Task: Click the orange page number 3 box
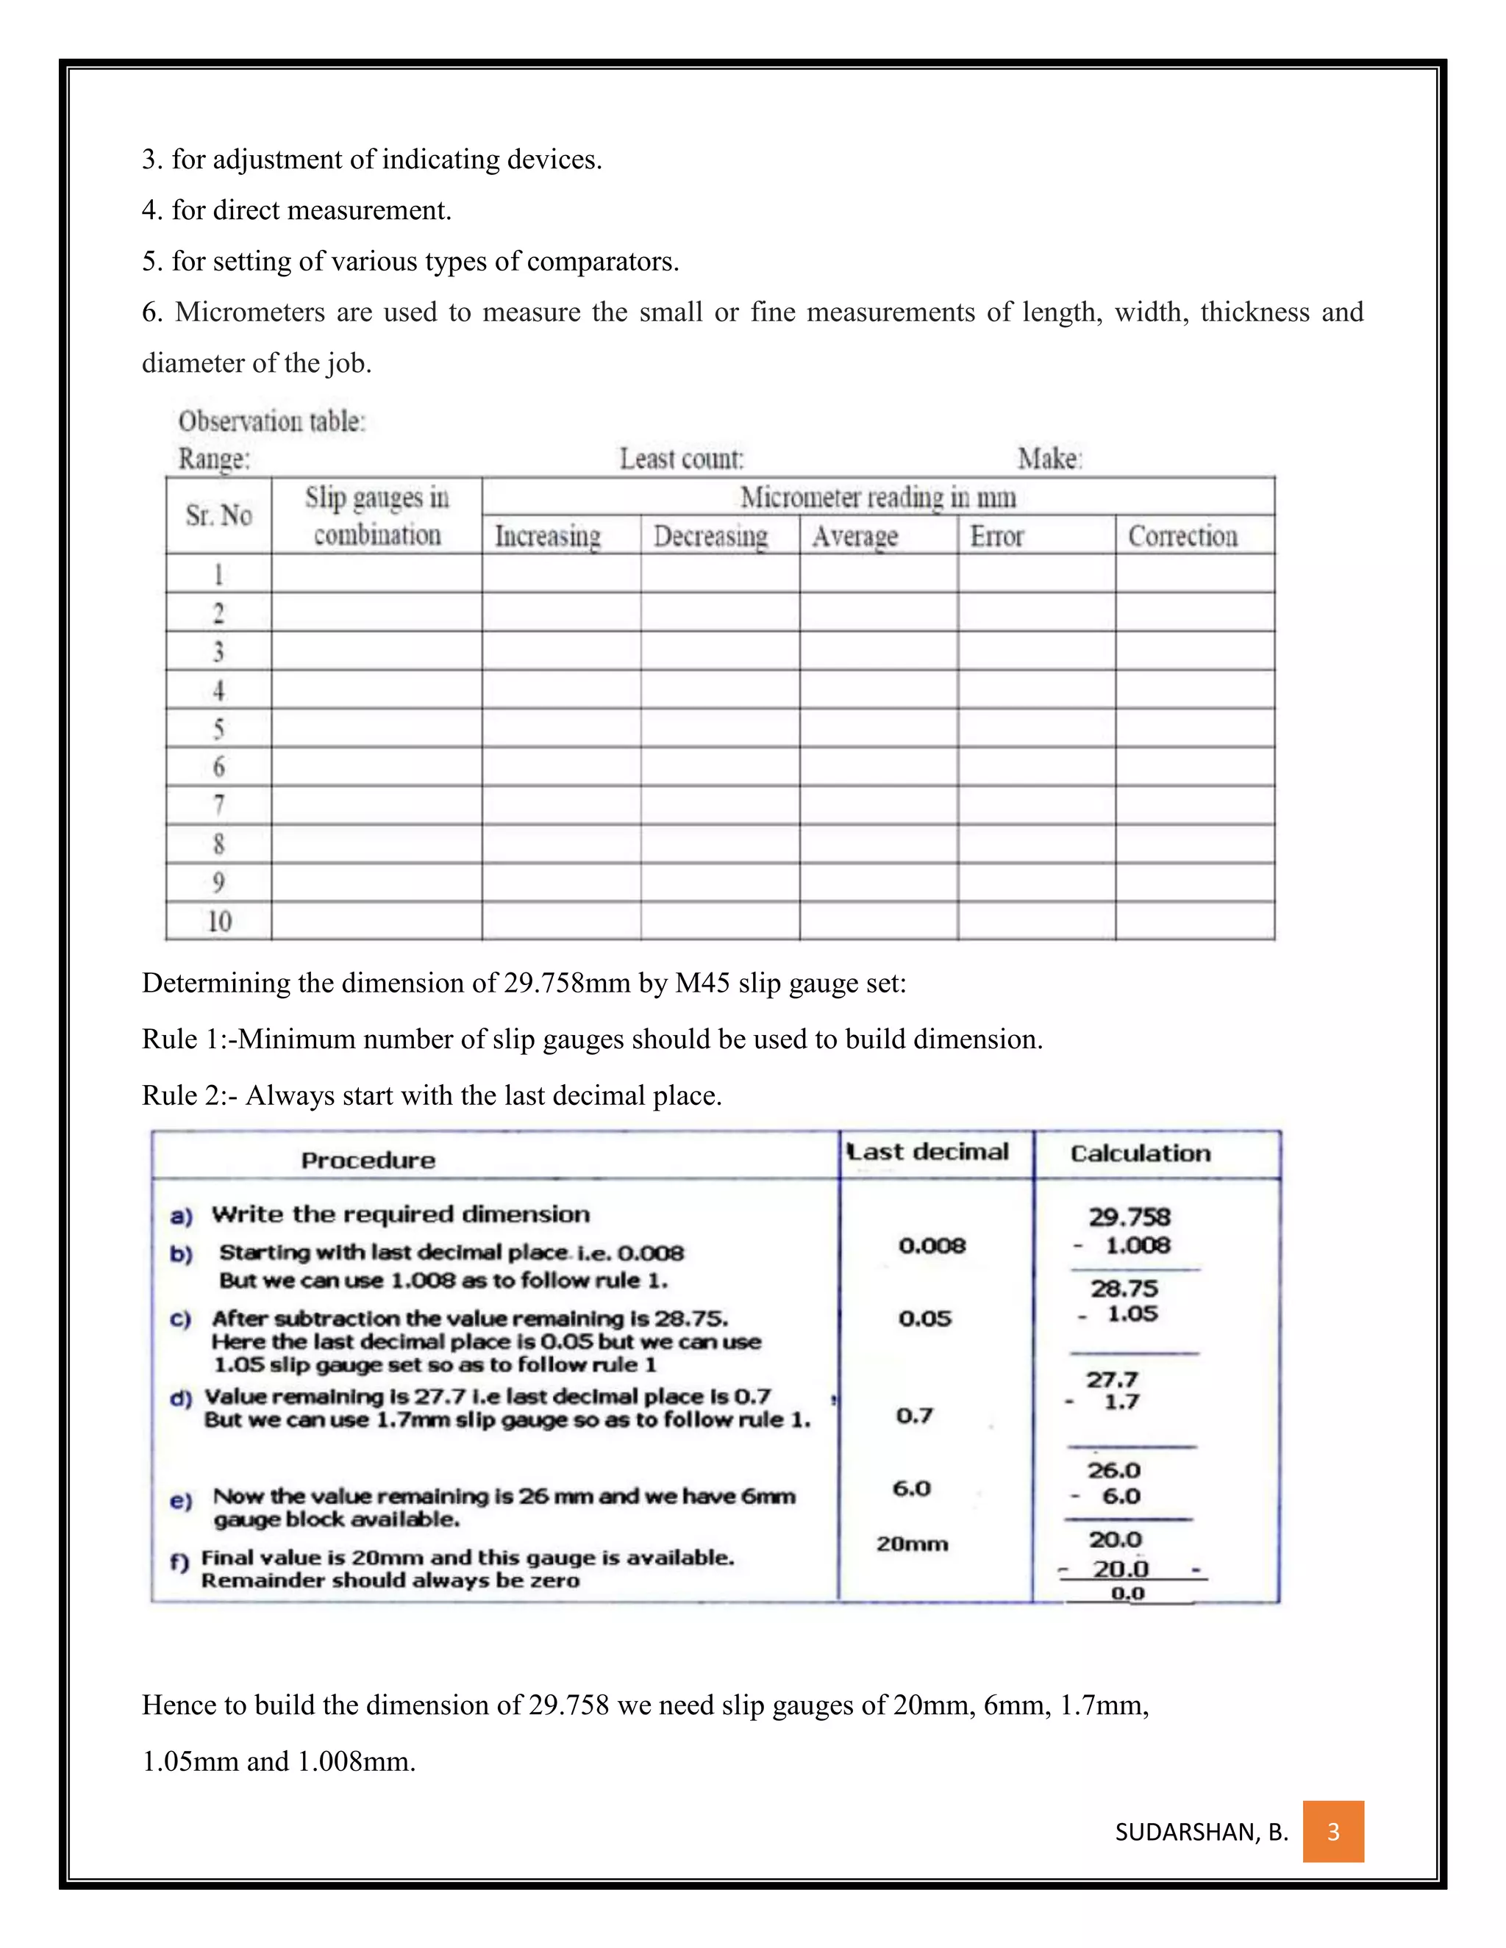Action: click(x=1333, y=1831)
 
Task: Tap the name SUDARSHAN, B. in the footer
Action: click(x=1201, y=1832)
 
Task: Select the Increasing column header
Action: click(x=548, y=536)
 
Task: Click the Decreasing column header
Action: click(x=710, y=536)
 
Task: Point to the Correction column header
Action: click(x=1182, y=536)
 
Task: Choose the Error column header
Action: click(x=996, y=536)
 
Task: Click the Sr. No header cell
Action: click(x=218, y=515)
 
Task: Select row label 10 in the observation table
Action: click(x=218, y=921)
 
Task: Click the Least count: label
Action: click(x=682, y=459)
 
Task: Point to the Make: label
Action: click(x=1049, y=459)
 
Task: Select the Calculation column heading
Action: click(x=1141, y=1153)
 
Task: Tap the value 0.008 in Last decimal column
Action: click(x=932, y=1245)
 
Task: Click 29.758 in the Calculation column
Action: click(x=1129, y=1217)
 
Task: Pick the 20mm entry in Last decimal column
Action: click(x=911, y=1544)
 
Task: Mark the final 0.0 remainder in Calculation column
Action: click(x=1128, y=1593)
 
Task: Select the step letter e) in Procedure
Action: click(x=180, y=1501)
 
